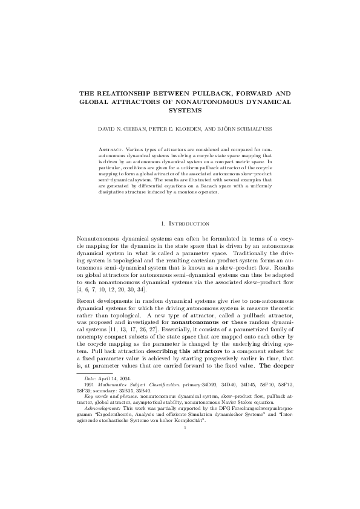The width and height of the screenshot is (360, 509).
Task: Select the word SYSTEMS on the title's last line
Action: (180, 111)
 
